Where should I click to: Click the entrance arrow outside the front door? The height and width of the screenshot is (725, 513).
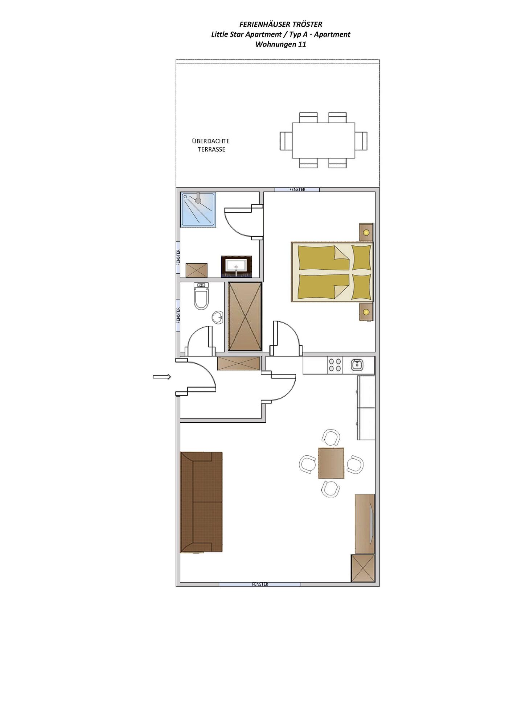tap(162, 377)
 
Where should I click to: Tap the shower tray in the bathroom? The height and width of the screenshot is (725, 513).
tap(198, 210)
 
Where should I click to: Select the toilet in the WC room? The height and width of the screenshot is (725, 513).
tap(201, 297)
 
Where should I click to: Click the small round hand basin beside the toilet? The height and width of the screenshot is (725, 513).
tap(218, 318)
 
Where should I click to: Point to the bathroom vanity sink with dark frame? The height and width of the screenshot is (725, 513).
tap(236, 266)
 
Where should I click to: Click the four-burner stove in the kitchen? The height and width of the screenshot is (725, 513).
tap(335, 365)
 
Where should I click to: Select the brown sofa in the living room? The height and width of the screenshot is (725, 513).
tap(201, 502)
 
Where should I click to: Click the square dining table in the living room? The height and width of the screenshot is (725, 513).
tap(331, 463)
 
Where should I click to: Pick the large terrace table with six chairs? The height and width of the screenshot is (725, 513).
tap(324, 140)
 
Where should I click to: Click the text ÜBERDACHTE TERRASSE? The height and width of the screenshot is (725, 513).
tap(211, 145)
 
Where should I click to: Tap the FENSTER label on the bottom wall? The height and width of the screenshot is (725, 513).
tap(260, 584)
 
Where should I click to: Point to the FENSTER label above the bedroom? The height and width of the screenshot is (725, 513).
tap(297, 190)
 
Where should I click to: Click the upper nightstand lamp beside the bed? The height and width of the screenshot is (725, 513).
tap(366, 232)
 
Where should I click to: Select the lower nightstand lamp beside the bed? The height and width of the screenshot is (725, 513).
tap(366, 312)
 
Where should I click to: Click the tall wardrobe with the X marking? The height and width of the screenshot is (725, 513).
tap(245, 316)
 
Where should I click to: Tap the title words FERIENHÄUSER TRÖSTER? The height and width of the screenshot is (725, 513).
tap(281, 24)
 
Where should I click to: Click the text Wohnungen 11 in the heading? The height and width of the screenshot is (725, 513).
tap(281, 44)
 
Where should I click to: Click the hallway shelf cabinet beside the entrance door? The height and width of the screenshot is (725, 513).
tap(239, 363)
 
